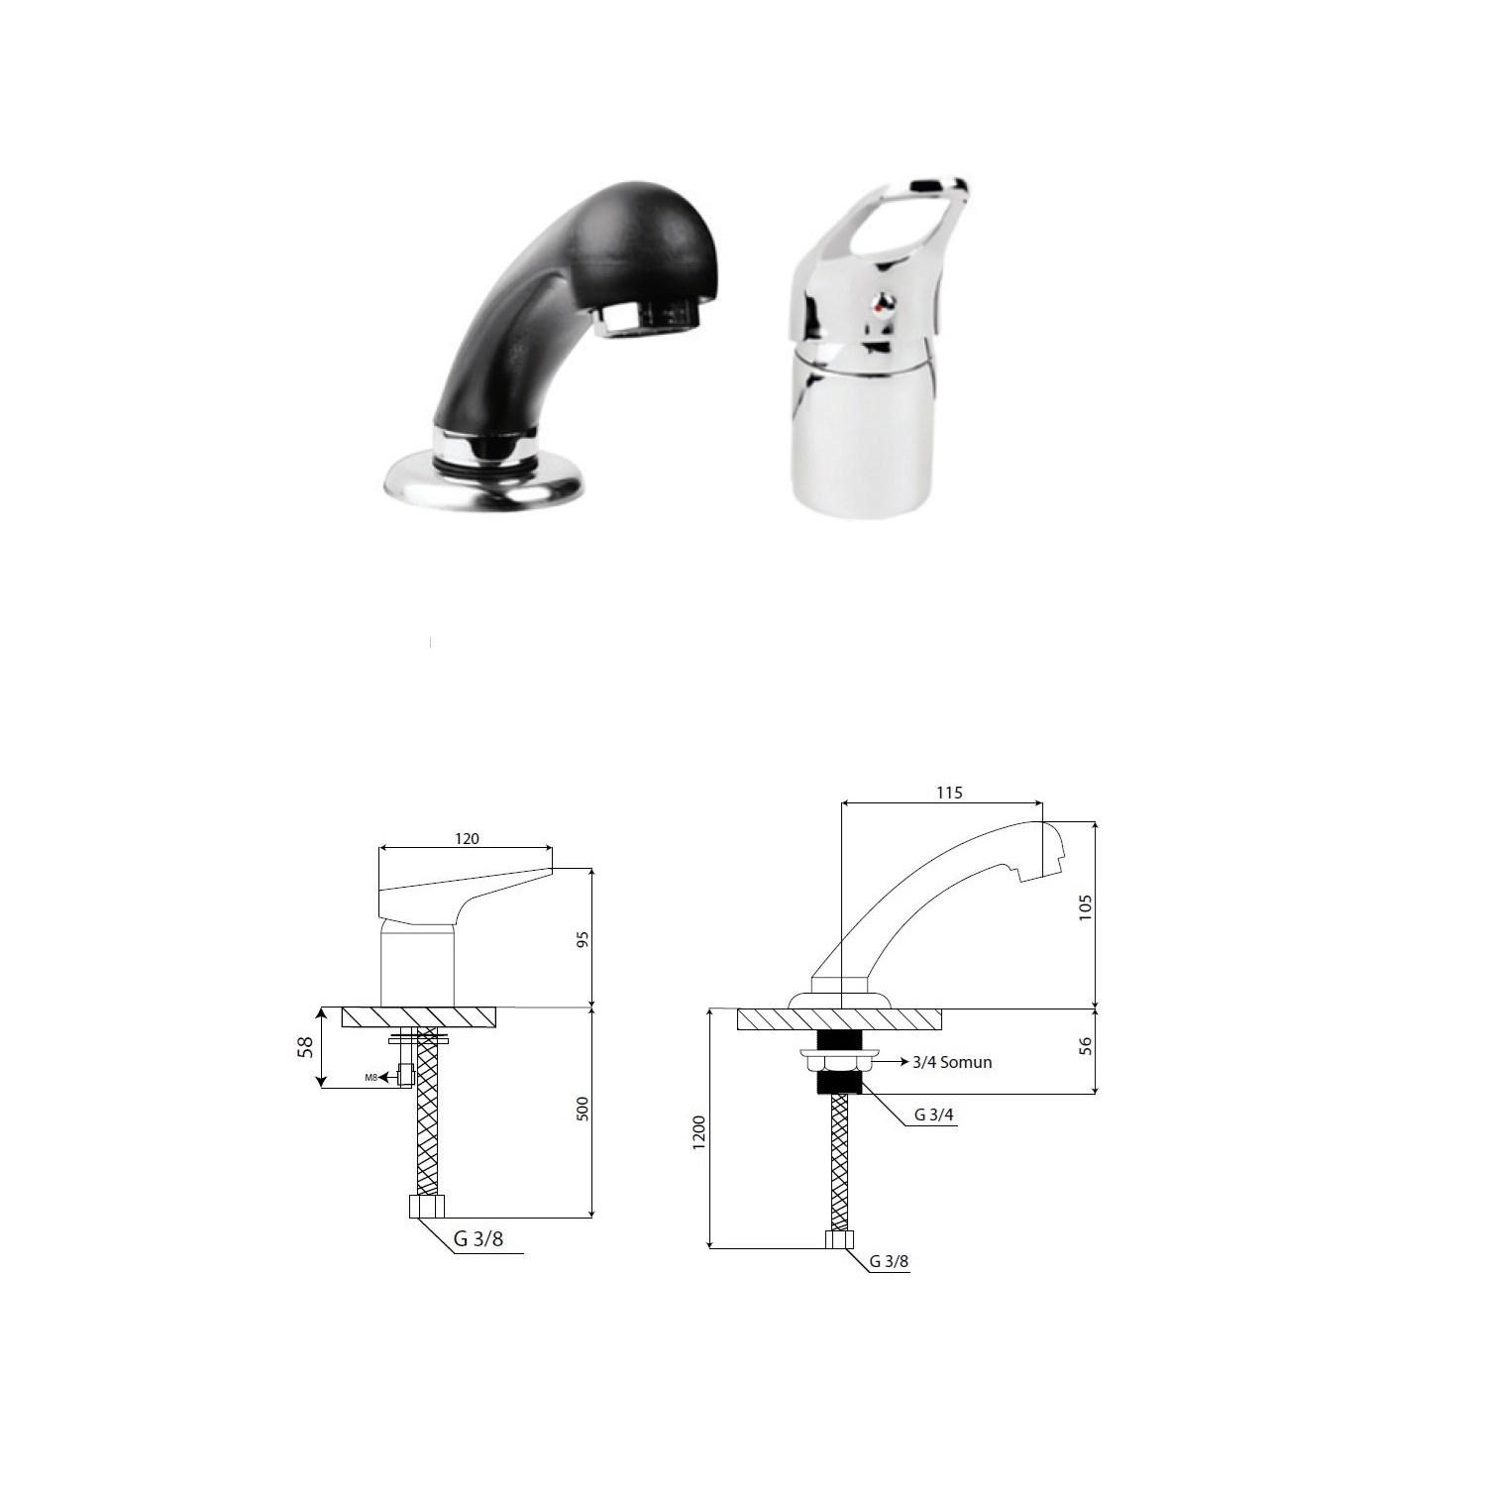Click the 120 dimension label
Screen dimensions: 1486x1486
click(467, 839)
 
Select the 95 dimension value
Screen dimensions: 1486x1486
click(583, 938)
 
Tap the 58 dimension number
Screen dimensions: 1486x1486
click(306, 1047)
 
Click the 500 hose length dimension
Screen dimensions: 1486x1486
click(583, 1109)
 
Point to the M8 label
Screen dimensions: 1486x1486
click(371, 1077)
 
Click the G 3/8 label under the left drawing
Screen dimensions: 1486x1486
click(478, 1238)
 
